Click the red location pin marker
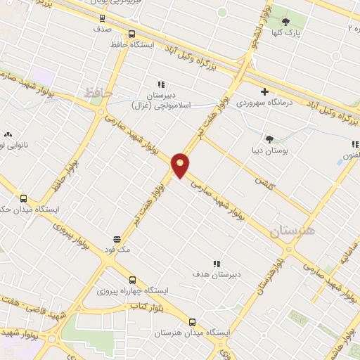tap(180, 165)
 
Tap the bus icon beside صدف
tap(103, 18)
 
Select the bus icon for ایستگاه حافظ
tap(131, 33)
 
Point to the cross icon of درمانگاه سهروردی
tap(264, 91)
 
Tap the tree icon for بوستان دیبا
tap(269, 139)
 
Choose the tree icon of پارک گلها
tap(285, 21)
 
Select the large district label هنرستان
tap(292, 231)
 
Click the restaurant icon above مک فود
tap(117, 238)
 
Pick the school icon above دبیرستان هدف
tap(216, 263)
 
